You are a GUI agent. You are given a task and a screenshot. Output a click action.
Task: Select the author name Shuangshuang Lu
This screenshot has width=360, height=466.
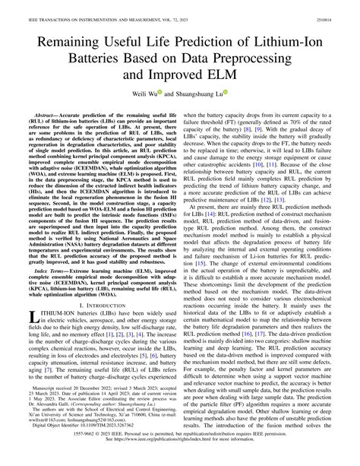pos(200,87)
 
